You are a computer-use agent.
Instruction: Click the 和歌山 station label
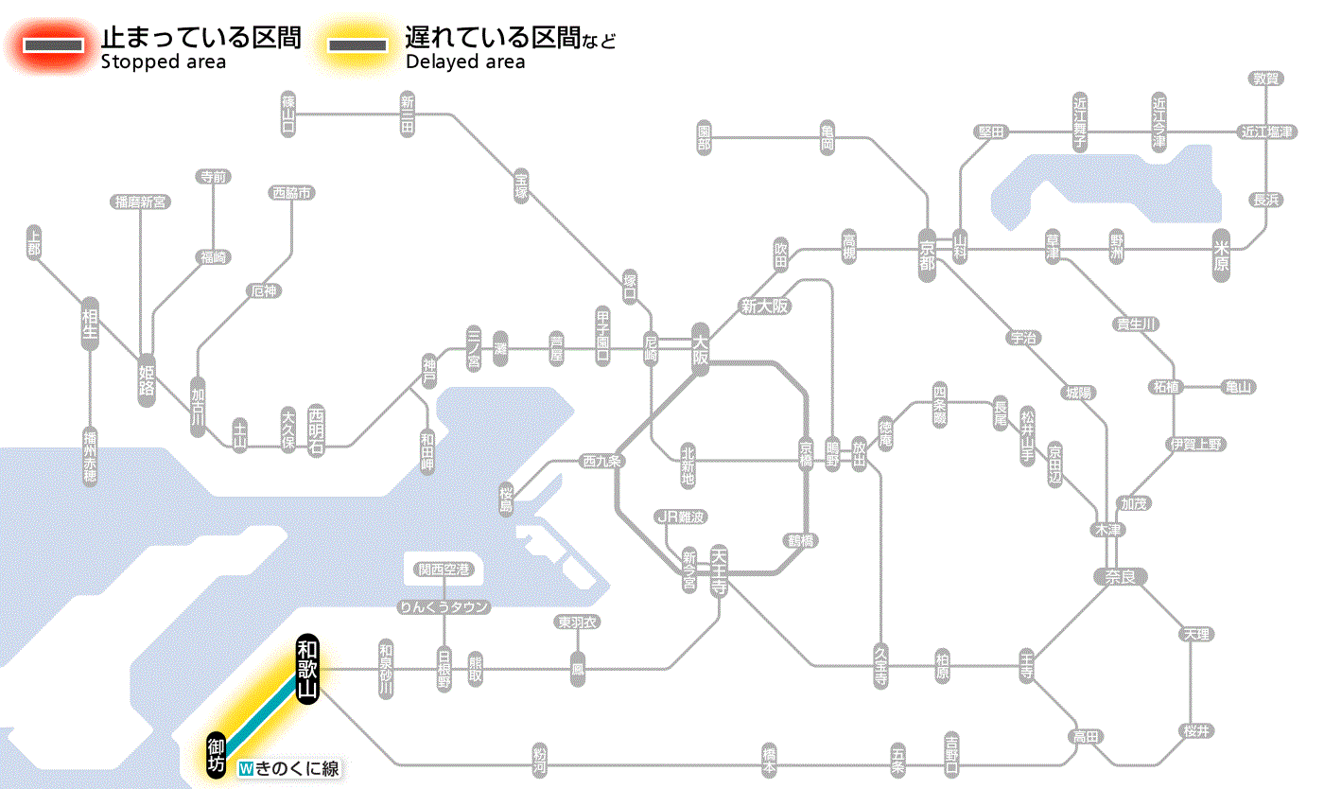click(307, 668)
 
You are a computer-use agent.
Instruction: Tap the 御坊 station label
click(217, 754)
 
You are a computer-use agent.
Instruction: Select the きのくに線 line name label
click(289, 768)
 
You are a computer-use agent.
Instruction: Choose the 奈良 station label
click(1120, 575)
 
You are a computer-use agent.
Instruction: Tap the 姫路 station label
click(147, 378)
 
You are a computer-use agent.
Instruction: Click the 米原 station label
click(1222, 254)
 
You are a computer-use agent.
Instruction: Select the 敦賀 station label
click(1265, 79)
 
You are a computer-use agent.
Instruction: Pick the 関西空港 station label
click(444, 570)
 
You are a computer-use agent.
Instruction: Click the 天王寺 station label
click(719, 570)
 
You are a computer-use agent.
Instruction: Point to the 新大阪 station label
click(764, 307)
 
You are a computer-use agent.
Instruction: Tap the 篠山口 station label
click(288, 114)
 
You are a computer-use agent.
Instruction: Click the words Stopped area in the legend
click(164, 62)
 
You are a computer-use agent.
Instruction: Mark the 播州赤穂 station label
click(90, 455)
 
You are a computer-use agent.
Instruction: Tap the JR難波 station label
click(682, 517)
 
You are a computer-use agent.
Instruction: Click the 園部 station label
click(705, 138)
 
